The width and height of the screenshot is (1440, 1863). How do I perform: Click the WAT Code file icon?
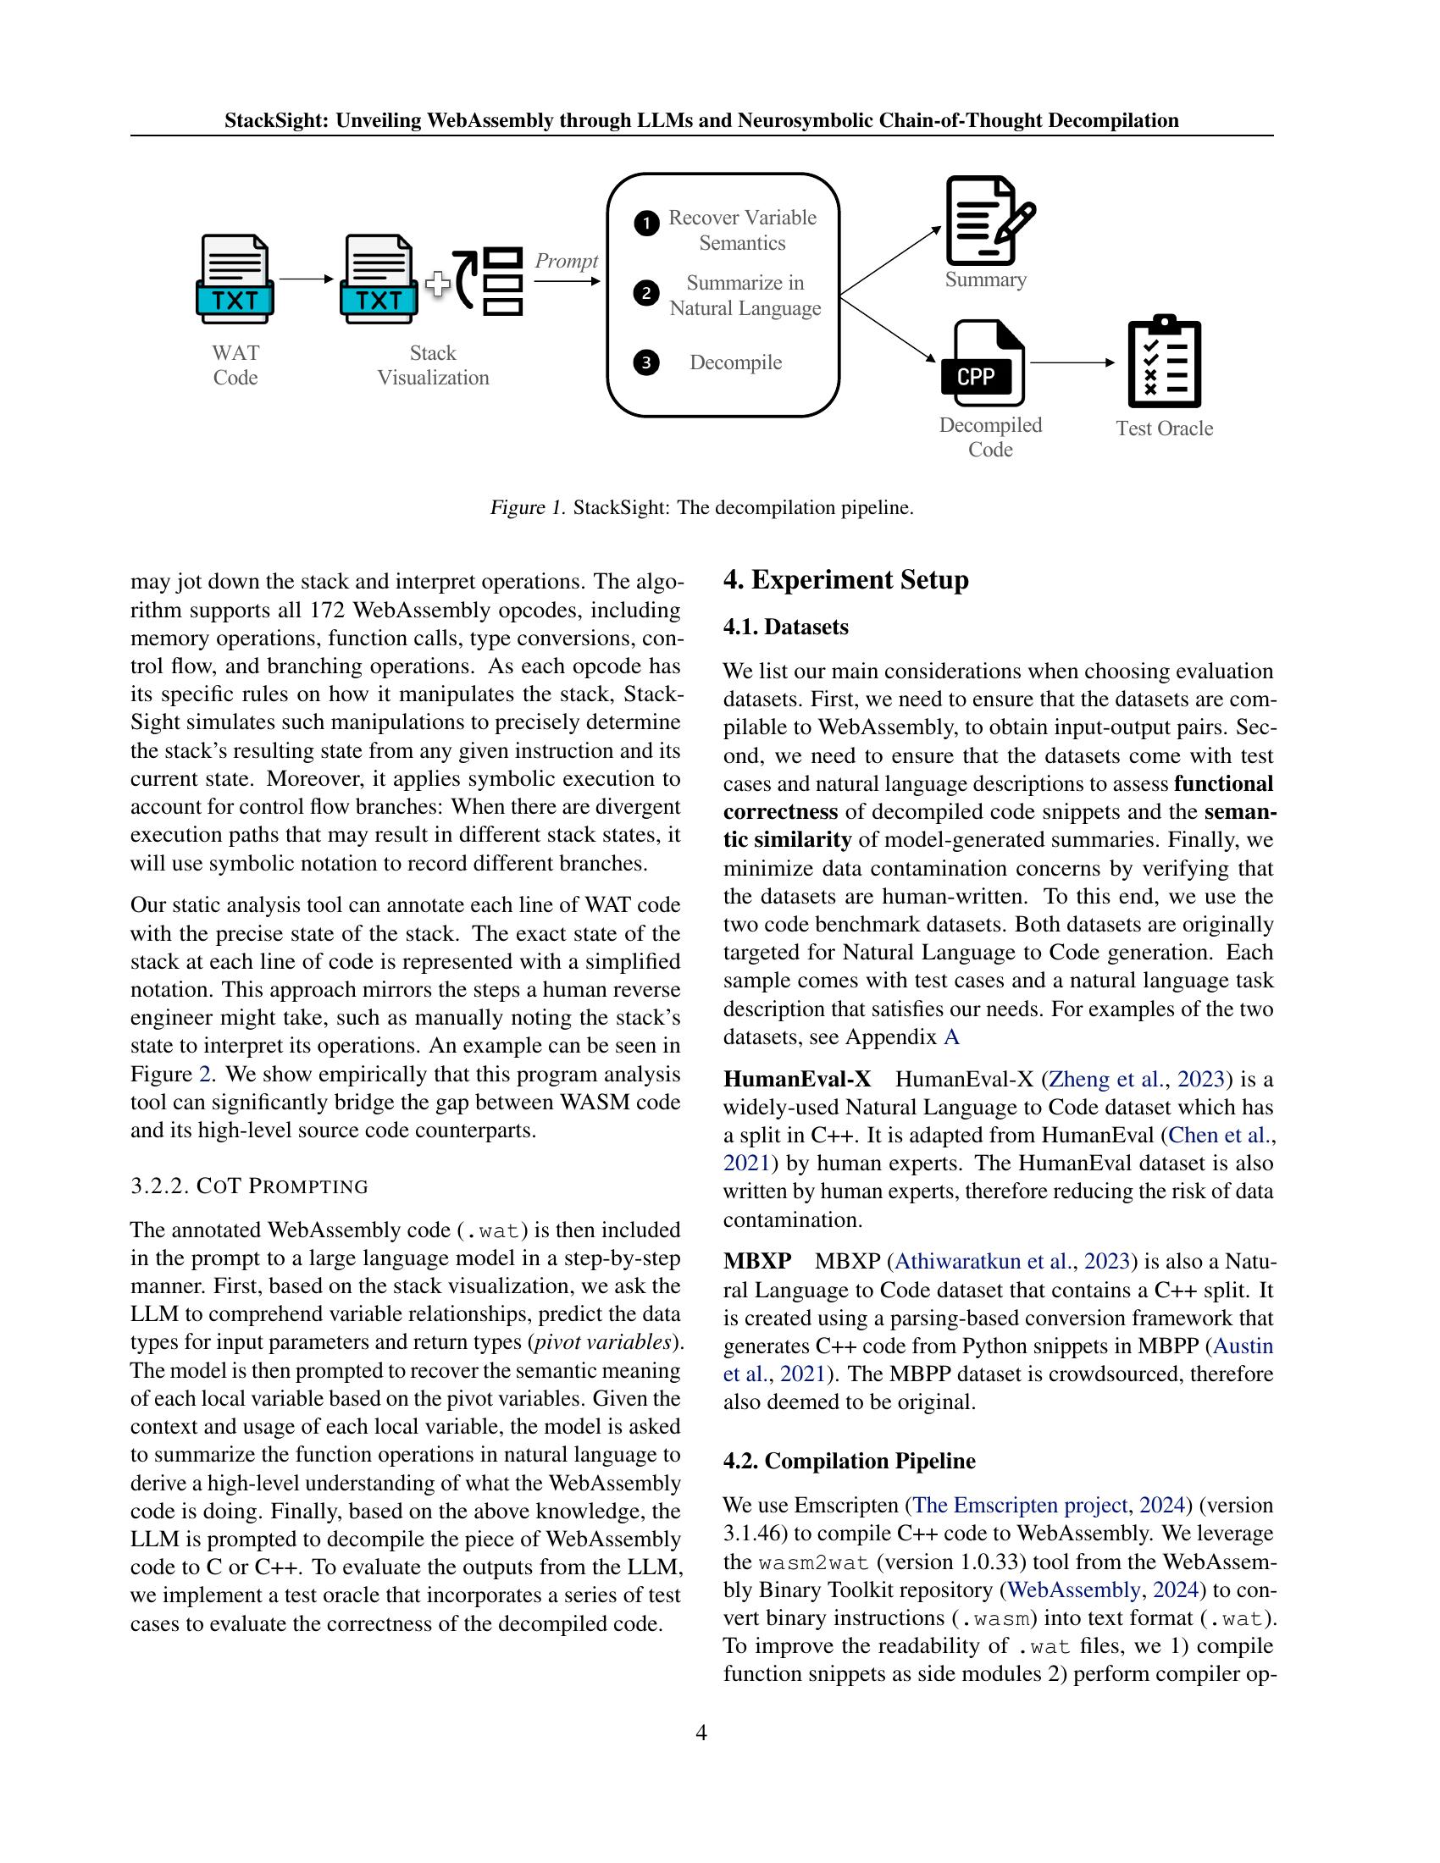pos(235,279)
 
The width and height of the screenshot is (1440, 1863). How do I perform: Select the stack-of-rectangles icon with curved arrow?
pos(489,281)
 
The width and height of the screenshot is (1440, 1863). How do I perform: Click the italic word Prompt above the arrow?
pos(566,261)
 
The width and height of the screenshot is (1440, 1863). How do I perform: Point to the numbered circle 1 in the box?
pos(646,224)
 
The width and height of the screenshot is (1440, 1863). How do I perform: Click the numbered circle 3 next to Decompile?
pos(646,363)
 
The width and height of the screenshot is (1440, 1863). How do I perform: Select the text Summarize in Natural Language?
pos(745,296)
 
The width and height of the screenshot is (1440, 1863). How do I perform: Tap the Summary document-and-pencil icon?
pos(988,221)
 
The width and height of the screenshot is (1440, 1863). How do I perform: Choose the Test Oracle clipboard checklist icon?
pos(1164,362)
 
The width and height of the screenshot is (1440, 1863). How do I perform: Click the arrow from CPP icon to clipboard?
pos(1072,362)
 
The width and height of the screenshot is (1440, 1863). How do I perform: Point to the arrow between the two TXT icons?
pos(306,279)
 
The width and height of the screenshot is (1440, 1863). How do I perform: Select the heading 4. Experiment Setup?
pos(845,580)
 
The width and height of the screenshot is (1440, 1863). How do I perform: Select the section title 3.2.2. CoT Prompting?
pos(249,1186)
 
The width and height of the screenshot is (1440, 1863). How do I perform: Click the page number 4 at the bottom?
pos(701,1733)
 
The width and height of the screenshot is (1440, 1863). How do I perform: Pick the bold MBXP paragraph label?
pos(756,1262)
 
